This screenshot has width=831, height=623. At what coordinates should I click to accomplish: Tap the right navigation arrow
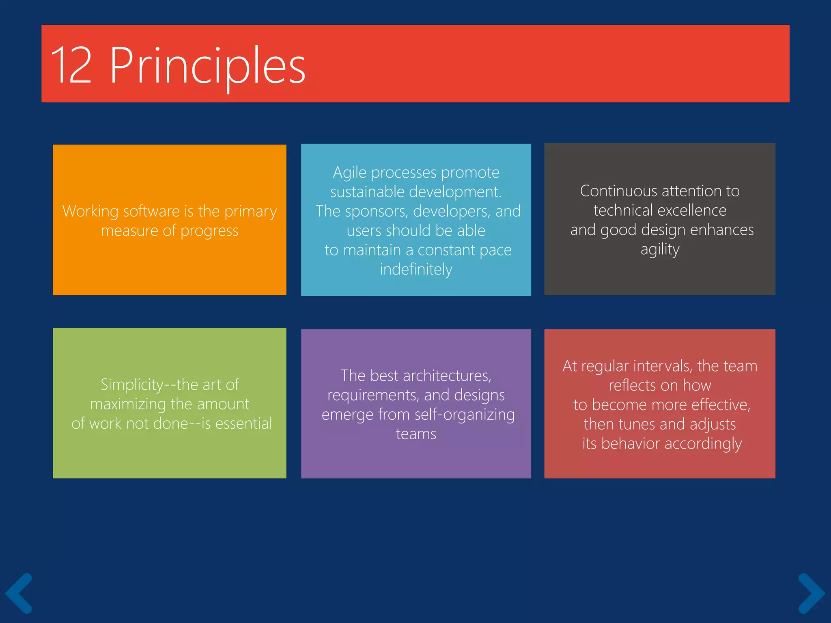point(811,593)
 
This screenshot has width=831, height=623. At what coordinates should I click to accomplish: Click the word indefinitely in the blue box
point(416,269)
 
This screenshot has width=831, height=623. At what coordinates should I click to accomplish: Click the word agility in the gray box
point(660,249)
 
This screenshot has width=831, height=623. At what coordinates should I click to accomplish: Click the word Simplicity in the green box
point(132,385)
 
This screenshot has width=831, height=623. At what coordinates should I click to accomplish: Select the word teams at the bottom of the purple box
point(416,434)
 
